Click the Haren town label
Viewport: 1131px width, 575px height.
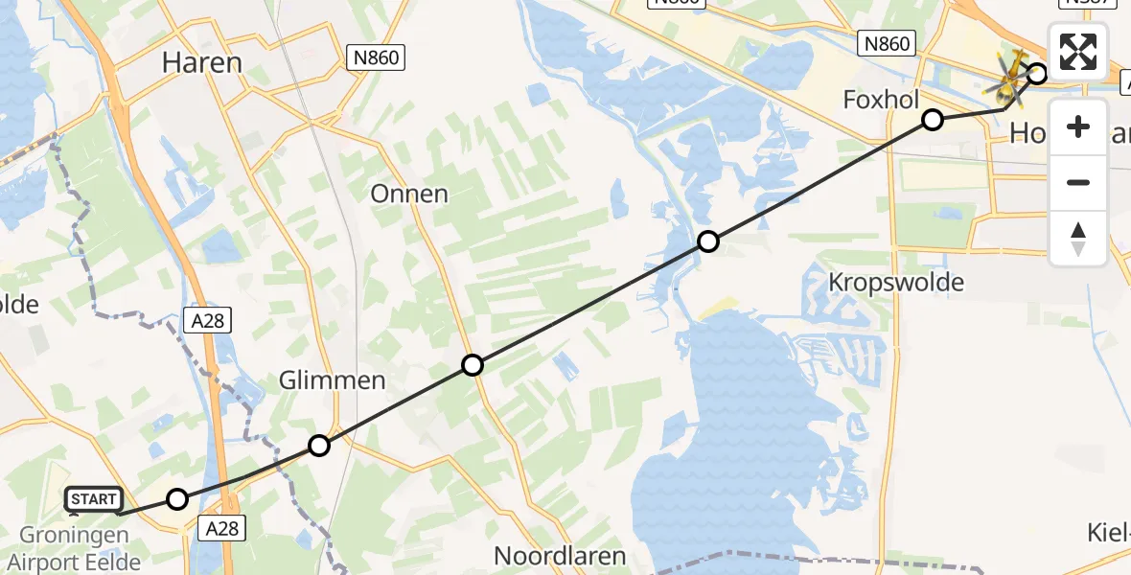[x=201, y=63]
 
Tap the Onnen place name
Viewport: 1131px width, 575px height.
[x=409, y=194]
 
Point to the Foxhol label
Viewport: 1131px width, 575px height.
[x=881, y=100]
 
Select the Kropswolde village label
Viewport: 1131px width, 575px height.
[x=897, y=283]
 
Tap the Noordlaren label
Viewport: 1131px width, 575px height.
[x=560, y=556]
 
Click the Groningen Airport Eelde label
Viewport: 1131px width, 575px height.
[x=72, y=548]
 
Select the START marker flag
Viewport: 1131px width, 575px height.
[x=94, y=498]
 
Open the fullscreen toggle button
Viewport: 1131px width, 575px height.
[x=1078, y=52]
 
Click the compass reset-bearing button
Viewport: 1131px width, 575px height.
[x=1078, y=238]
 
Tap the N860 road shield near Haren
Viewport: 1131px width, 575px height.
[x=376, y=58]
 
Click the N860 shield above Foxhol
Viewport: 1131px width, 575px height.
[x=887, y=43]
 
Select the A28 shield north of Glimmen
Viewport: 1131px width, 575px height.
[x=207, y=320]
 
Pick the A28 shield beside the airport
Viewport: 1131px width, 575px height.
[x=219, y=526]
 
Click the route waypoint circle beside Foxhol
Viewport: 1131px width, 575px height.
[x=933, y=120]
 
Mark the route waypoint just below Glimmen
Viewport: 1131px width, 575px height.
[x=319, y=446]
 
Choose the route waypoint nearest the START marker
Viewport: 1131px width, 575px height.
[x=177, y=498]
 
